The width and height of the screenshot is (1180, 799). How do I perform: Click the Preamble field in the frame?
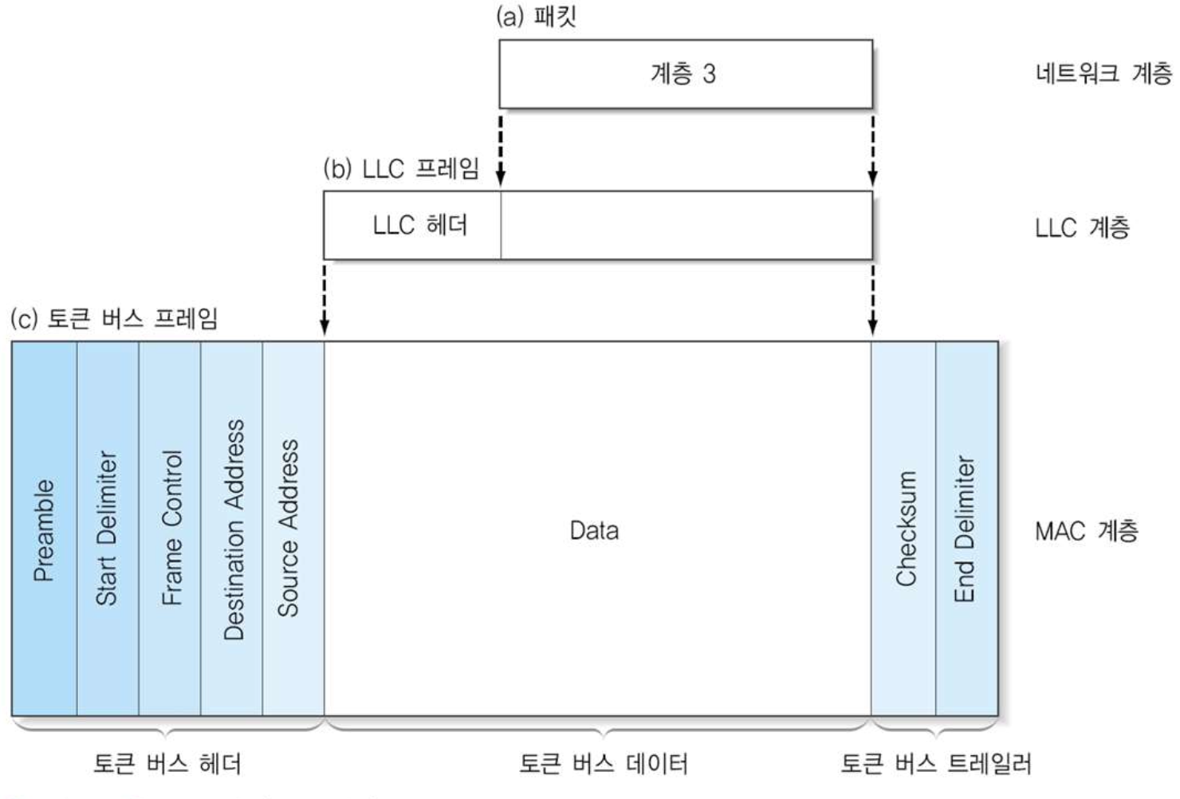pyautogui.click(x=44, y=529)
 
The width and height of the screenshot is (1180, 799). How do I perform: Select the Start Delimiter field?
pyautogui.click(x=108, y=529)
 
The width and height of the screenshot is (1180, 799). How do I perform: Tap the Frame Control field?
pyautogui.click(x=170, y=529)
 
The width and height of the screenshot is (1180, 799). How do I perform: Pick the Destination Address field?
pyautogui.click(x=232, y=529)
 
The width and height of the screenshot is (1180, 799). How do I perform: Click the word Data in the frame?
pyautogui.click(x=594, y=530)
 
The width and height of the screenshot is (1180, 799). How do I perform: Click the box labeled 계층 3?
pyautogui.click(x=685, y=74)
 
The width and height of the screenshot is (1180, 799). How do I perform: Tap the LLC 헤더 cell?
pyautogui.click(x=419, y=226)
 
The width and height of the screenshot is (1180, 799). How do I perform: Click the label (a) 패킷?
pyautogui.click(x=536, y=17)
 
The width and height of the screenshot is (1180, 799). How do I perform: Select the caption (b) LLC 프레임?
pyautogui.click(x=402, y=169)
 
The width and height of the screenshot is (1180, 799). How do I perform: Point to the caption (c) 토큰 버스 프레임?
pyautogui.click(x=114, y=319)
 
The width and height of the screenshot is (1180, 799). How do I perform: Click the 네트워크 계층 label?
pyautogui.click(x=1103, y=74)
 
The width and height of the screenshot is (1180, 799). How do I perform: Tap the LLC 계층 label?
pyautogui.click(x=1083, y=228)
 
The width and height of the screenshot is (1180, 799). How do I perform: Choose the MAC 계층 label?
pyautogui.click(x=1086, y=530)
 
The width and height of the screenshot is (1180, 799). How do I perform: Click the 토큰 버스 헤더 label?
pyautogui.click(x=167, y=764)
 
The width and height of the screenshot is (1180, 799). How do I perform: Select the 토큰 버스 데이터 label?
pyautogui.click(x=603, y=764)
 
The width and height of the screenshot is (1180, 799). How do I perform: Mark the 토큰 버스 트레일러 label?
pyautogui.click(x=936, y=764)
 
